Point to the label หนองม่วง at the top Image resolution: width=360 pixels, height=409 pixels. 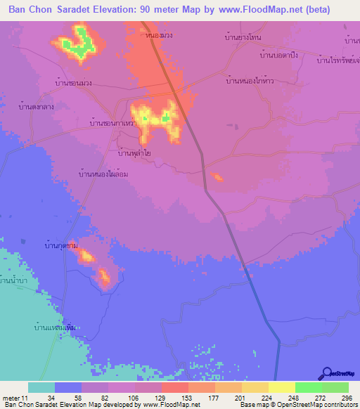[x=157, y=33]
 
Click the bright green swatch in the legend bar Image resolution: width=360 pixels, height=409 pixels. [x=309, y=387]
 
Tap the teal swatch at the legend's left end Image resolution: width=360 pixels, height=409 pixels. [x=41, y=387]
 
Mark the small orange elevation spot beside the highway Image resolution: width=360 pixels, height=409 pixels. [x=217, y=177]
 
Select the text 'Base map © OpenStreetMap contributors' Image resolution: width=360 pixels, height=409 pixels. [x=297, y=405]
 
